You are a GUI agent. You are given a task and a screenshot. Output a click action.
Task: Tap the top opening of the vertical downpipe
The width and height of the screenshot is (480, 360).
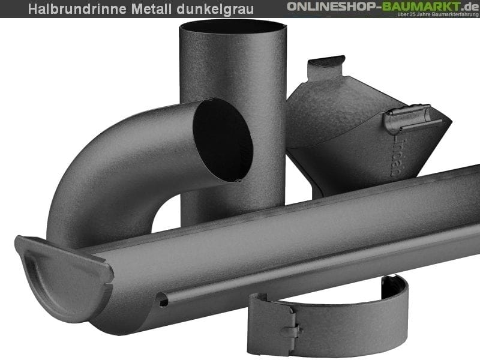tap(233, 26)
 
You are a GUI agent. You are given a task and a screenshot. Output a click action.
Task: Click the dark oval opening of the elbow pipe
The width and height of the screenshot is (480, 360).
tap(223, 139)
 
